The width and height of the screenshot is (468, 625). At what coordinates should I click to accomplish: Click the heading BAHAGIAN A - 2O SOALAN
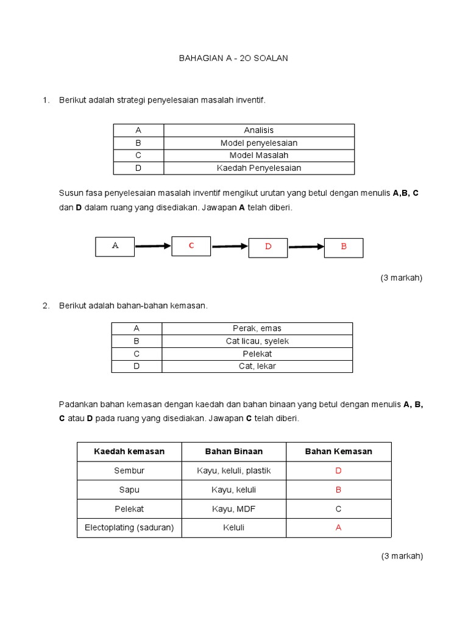pyautogui.click(x=233, y=58)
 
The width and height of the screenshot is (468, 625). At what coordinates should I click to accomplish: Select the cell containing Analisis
pyautogui.click(x=258, y=130)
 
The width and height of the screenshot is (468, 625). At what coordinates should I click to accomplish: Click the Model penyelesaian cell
pyautogui.click(x=258, y=143)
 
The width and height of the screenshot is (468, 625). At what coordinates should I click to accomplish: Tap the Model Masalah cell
pyautogui.click(x=258, y=155)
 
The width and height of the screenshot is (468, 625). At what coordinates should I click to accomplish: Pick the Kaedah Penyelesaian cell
pyautogui.click(x=258, y=168)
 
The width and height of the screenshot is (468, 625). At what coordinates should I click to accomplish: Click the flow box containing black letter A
pyautogui.click(x=115, y=246)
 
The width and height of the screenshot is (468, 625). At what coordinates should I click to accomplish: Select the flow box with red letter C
pyautogui.click(x=191, y=245)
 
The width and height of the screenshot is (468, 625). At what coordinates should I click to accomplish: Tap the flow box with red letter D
pyautogui.click(x=268, y=247)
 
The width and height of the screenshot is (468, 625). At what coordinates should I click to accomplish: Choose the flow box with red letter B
pyautogui.click(x=343, y=247)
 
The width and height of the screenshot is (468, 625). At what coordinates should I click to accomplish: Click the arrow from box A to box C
pyautogui.click(x=153, y=247)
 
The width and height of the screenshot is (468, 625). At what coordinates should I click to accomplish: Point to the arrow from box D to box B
pyautogui.click(x=306, y=247)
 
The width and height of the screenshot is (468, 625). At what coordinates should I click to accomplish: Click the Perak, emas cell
pyautogui.click(x=257, y=328)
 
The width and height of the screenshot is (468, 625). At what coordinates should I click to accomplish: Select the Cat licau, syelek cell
pyautogui.click(x=257, y=341)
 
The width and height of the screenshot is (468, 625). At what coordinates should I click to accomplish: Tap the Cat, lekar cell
pyautogui.click(x=257, y=366)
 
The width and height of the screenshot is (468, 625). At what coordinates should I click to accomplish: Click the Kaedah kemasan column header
pyautogui.click(x=129, y=452)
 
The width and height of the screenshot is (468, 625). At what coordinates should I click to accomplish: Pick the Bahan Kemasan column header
pyautogui.click(x=338, y=452)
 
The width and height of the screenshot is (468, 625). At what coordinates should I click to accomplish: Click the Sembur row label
pyautogui.click(x=129, y=471)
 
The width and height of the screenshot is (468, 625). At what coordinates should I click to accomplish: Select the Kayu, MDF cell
pyautogui.click(x=233, y=508)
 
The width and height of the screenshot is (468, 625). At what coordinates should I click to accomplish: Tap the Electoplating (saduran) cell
pyautogui.click(x=129, y=527)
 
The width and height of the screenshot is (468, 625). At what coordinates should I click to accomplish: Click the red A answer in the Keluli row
pyautogui.click(x=338, y=528)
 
